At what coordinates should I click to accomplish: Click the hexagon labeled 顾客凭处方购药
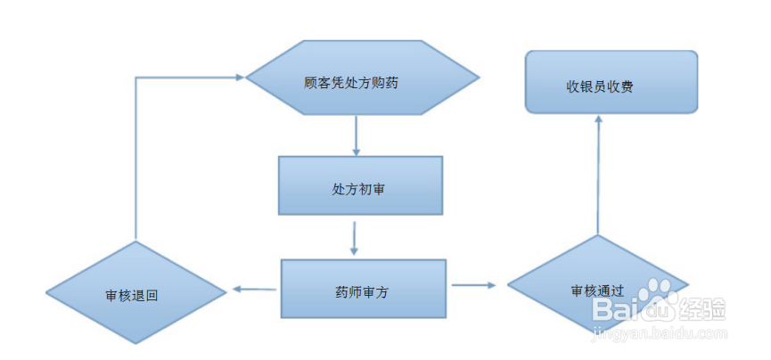[363, 78]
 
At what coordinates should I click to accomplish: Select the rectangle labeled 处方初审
[360, 185]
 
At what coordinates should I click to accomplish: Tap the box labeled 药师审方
[364, 288]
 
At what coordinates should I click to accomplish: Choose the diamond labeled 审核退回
[134, 293]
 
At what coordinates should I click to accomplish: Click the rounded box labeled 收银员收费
[611, 82]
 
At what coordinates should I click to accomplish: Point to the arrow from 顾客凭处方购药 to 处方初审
[356, 135]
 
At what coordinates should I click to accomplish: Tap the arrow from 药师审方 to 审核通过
[475, 285]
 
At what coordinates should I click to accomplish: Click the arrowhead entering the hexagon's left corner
[238, 78]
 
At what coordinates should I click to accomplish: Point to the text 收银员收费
[600, 86]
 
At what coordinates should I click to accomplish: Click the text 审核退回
[131, 294]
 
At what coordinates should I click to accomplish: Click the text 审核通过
[597, 290]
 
